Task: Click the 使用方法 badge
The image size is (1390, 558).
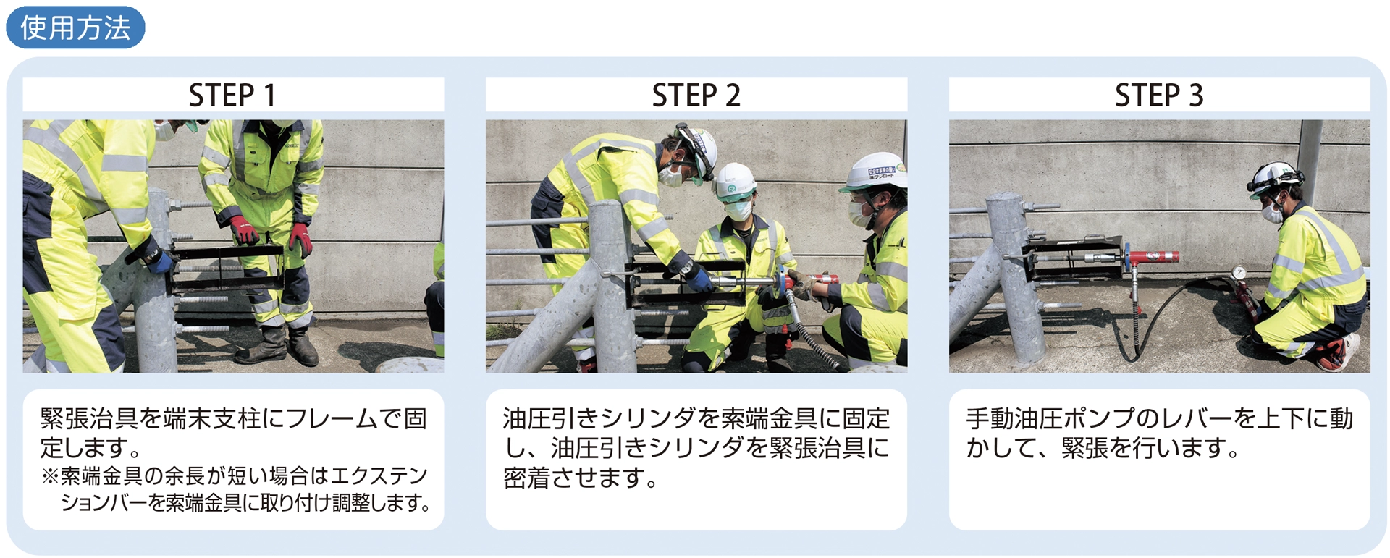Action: [75, 28]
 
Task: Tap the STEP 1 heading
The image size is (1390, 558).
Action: [232, 96]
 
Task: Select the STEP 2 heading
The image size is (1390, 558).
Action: [696, 96]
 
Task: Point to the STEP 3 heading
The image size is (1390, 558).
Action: [1159, 96]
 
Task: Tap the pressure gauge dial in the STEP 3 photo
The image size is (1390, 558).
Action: [1239, 273]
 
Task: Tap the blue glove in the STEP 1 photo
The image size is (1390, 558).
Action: [161, 261]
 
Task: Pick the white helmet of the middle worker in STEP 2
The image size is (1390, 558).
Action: [734, 179]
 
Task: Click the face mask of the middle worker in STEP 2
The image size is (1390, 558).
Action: [738, 209]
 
